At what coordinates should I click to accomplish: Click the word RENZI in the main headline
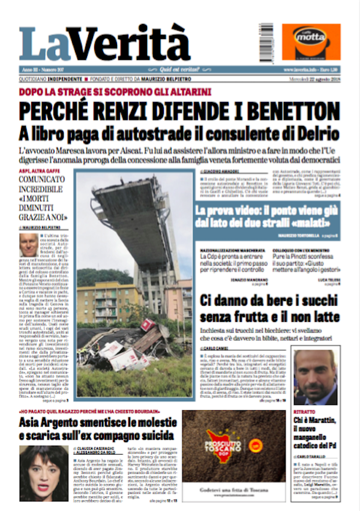148,112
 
